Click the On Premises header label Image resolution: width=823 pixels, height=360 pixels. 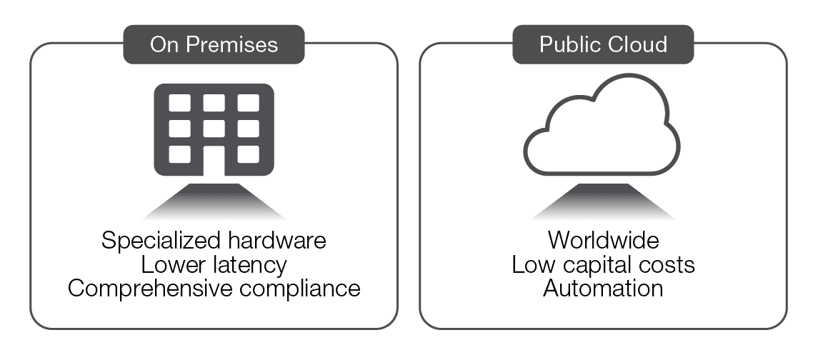[x=214, y=44]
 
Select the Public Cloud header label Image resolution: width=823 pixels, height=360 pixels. [x=604, y=44]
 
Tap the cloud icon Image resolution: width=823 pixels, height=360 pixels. [x=602, y=129]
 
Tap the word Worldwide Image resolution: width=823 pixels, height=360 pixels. [x=603, y=241]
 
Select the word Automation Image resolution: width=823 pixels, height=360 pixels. [x=603, y=289]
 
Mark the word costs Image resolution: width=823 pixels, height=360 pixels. [x=667, y=265]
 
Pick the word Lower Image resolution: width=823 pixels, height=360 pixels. [x=171, y=265]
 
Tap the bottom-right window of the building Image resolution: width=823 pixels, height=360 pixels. [x=247, y=154]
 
